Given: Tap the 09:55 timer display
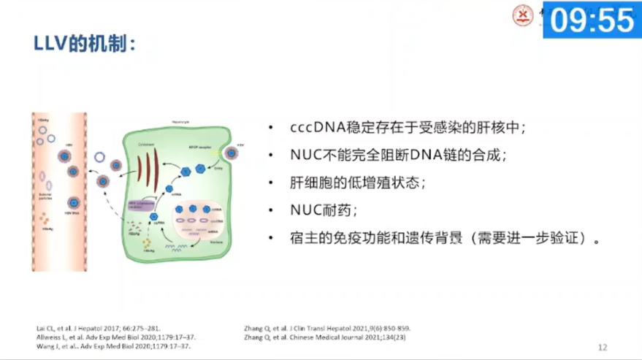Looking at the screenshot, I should [592, 20].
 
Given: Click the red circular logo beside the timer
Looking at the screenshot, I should [524, 15].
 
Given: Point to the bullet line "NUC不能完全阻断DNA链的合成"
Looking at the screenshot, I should [397, 156].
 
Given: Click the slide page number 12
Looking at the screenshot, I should [603, 347].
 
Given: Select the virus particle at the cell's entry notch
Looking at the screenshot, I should [232, 153].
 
